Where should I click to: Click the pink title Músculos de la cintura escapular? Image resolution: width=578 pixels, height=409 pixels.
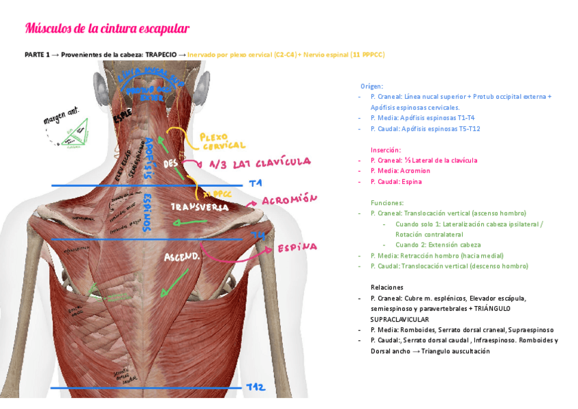[107, 28]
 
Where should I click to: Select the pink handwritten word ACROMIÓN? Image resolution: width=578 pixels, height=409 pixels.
[290, 200]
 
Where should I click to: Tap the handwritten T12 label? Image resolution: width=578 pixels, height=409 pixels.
[256, 387]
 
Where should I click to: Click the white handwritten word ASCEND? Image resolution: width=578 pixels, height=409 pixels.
[181, 257]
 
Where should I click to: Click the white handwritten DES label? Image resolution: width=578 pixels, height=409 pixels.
[170, 164]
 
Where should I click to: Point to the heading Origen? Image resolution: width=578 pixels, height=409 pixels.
[371, 87]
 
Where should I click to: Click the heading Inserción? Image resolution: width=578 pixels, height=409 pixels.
[386, 149]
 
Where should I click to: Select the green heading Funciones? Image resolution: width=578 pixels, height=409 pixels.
[387, 202]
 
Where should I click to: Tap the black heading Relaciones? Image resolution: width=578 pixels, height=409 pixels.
[387, 287]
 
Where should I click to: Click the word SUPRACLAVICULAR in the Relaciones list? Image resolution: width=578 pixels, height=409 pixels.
[399, 319]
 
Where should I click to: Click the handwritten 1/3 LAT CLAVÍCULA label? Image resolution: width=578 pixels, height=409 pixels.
[260, 163]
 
